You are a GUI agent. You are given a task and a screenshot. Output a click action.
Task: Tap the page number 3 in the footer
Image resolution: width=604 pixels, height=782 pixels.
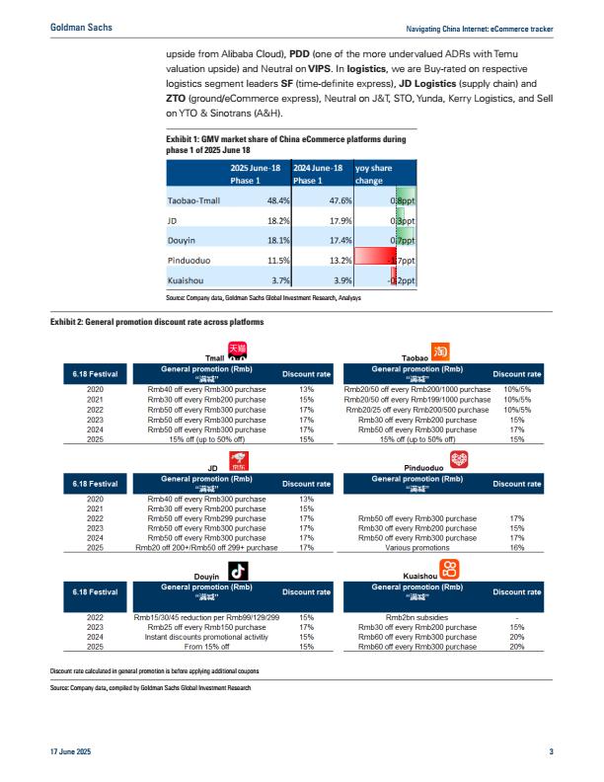coord(551,753)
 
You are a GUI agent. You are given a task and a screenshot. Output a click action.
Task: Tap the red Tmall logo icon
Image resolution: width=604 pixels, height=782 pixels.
coord(237,351)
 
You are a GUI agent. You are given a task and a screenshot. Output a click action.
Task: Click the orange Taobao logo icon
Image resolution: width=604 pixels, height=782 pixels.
coord(441,352)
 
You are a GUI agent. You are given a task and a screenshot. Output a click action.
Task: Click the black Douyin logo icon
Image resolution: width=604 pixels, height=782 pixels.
coord(237,570)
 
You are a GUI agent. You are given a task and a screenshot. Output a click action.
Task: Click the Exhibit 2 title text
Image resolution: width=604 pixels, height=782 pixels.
coord(157,321)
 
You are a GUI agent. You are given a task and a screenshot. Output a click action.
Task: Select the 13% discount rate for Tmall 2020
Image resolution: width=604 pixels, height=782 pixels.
coord(306,389)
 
